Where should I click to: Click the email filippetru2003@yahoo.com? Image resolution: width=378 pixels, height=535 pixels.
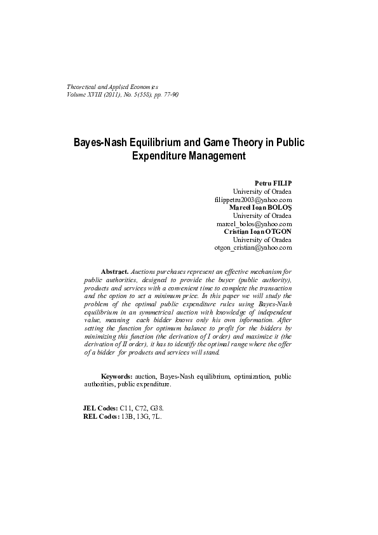[x=253, y=200]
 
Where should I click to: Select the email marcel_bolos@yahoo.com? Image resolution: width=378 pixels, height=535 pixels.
[x=254, y=224]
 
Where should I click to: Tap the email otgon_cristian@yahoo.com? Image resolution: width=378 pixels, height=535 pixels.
[x=253, y=248]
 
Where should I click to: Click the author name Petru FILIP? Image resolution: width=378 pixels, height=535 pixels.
[x=273, y=183]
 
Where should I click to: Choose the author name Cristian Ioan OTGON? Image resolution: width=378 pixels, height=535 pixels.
[x=258, y=231]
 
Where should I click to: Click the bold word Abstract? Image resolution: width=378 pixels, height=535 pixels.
[x=115, y=271]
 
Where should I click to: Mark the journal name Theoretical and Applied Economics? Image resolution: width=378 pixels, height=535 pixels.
[x=112, y=86]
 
